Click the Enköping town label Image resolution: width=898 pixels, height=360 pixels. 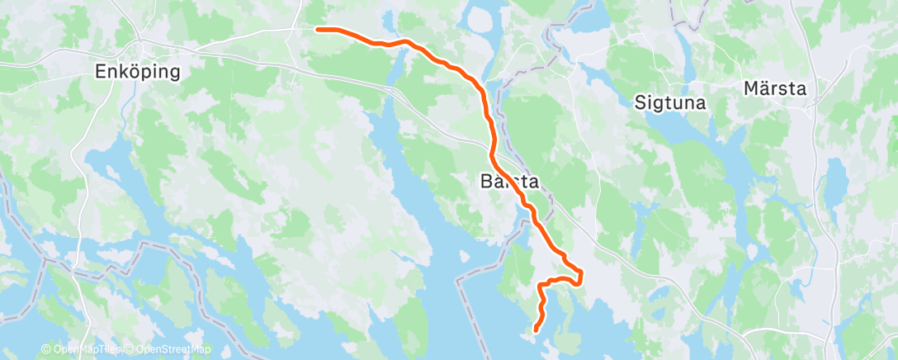pyautogui.click(x=138, y=72)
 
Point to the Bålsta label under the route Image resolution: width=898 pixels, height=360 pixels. pyautogui.click(x=509, y=181)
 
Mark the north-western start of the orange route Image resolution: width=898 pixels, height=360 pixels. pyautogui.click(x=319, y=29)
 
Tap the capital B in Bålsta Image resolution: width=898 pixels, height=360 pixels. pyautogui.click(x=484, y=181)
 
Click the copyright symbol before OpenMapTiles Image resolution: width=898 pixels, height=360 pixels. pyautogui.click(x=45, y=350)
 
